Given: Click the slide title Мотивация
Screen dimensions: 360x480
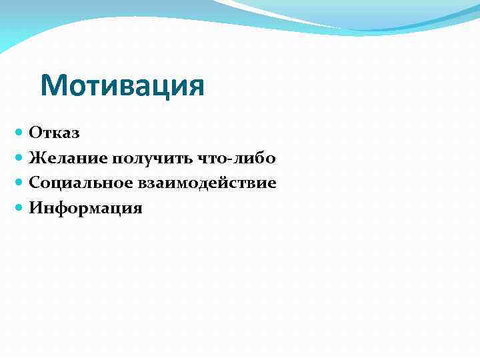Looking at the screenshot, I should click(122, 86).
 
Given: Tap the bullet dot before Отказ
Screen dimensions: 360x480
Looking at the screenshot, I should click(19, 133).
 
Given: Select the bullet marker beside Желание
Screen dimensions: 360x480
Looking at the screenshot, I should click(19, 158).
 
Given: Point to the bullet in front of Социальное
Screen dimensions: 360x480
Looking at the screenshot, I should click(19, 183).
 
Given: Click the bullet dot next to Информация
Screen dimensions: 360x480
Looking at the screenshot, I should click(19, 207).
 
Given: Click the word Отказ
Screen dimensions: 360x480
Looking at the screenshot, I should click(54, 133).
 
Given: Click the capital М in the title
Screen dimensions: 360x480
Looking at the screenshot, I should click(53, 86).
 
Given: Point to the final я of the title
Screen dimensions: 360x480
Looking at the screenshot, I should click(195, 87).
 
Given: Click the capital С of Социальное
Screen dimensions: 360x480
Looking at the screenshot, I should click(35, 183).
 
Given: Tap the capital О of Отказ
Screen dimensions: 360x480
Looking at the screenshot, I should click(35, 133).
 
